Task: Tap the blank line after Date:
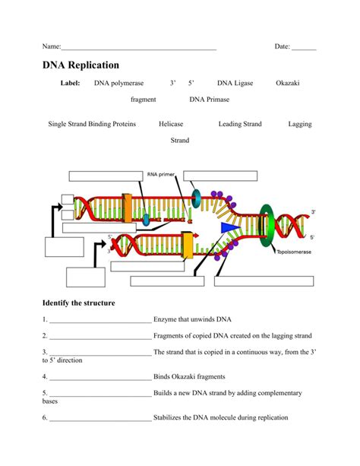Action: (304, 48)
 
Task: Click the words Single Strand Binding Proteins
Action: (92, 124)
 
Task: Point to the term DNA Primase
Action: (208, 100)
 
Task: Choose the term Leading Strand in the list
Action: (240, 124)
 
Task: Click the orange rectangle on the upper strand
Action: (127, 208)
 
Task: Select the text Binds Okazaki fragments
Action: (189, 376)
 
